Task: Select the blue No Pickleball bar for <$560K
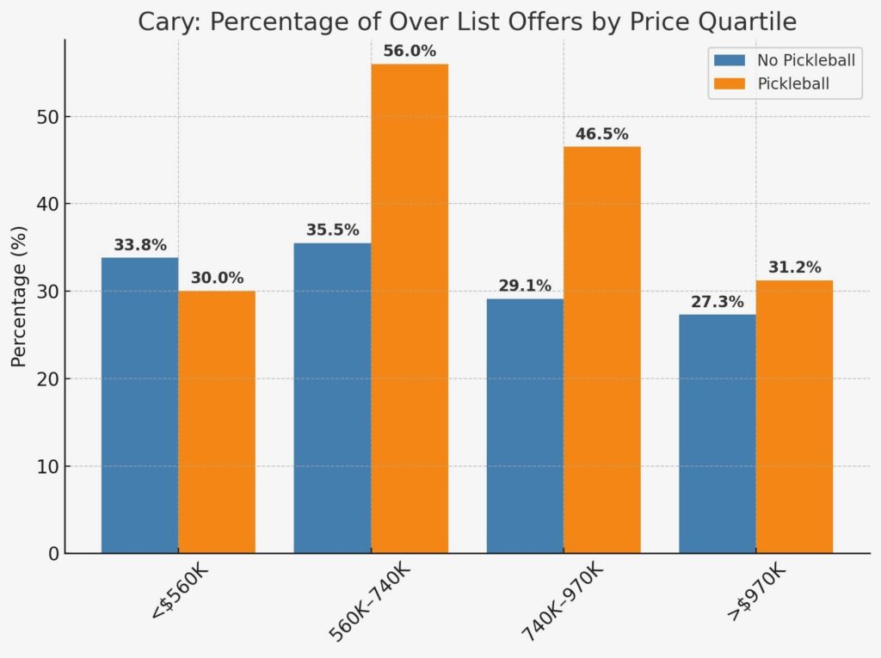pyautogui.click(x=139, y=404)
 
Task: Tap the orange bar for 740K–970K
pyautogui.click(x=601, y=349)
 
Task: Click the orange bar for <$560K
pyautogui.click(x=216, y=421)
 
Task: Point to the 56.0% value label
pyautogui.click(x=409, y=52)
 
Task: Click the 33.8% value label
pyautogui.click(x=139, y=245)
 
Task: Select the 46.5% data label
pyautogui.click(x=601, y=134)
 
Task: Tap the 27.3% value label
pyautogui.click(x=717, y=302)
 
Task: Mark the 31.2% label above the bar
pyautogui.click(x=794, y=268)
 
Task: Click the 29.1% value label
pyautogui.click(x=524, y=286)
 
